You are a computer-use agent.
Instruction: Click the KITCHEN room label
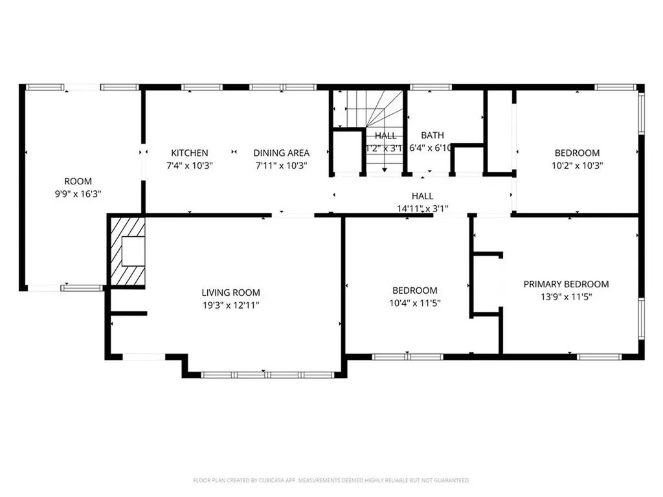click(x=189, y=153)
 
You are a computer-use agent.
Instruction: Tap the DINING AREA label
click(x=281, y=153)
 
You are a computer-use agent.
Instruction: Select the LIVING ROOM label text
click(x=230, y=293)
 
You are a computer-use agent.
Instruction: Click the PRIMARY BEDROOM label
click(x=566, y=284)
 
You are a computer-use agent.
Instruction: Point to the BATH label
click(x=433, y=135)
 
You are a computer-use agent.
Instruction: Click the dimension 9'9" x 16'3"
click(x=78, y=193)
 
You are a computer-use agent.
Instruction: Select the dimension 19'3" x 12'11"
click(x=230, y=305)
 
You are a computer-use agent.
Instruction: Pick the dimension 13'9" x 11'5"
click(x=566, y=296)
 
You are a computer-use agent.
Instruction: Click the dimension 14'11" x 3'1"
click(x=422, y=208)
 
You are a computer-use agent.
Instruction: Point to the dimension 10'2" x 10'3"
click(x=577, y=165)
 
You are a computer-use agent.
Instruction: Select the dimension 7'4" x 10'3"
click(x=189, y=165)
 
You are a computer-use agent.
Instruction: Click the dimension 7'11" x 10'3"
click(x=281, y=165)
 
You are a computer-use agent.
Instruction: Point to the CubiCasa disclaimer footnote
click(x=331, y=480)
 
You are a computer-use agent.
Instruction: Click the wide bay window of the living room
click(x=267, y=375)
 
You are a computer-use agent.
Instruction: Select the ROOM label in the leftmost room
click(x=78, y=181)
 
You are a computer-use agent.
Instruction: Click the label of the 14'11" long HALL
click(x=422, y=196)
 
